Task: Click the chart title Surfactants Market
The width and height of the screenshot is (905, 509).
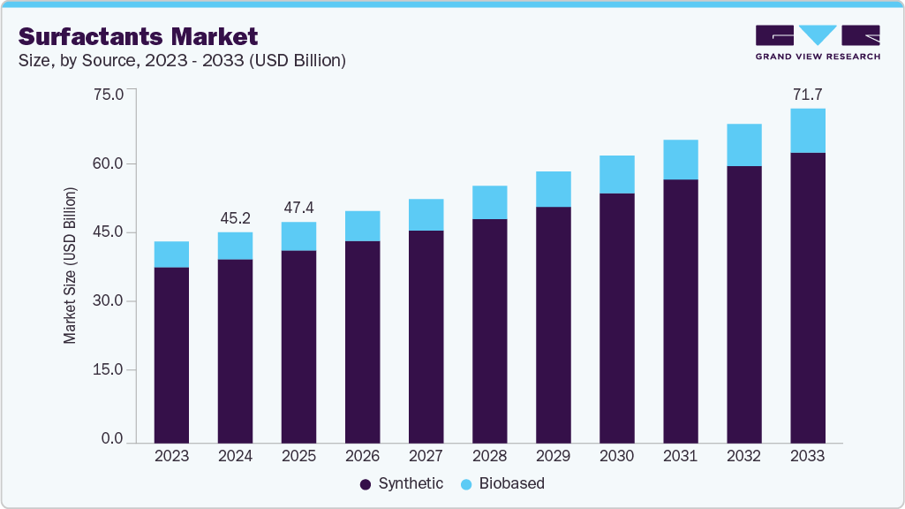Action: tap(138, 36)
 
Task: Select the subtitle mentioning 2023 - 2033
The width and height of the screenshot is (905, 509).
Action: tap(181, 61)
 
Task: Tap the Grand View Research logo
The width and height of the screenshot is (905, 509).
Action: tap(818, 42)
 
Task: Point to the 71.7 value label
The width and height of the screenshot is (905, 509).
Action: tap(807, 95)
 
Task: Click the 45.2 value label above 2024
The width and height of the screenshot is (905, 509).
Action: tap(235, 217)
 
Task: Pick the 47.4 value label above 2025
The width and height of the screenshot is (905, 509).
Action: tap(298, 208)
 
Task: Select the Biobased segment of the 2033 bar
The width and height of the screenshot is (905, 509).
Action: tap(807, 131)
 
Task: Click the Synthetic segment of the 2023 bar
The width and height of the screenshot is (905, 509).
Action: tap(171, 354)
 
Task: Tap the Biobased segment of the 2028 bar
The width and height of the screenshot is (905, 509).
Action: tap(489, 202)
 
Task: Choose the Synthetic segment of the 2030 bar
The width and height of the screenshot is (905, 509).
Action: tap(616, 317)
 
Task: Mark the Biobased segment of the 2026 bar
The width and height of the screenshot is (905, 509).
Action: tap(362, 226)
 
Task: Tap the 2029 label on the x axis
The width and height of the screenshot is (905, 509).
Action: tap(553, 456)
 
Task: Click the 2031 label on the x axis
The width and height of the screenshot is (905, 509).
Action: tap(680, 456)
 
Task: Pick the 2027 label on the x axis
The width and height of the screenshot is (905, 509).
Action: tap(426, 456)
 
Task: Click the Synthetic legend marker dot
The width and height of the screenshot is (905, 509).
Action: tap(366, 484)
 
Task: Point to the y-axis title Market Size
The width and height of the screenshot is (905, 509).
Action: tap(70, 265)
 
